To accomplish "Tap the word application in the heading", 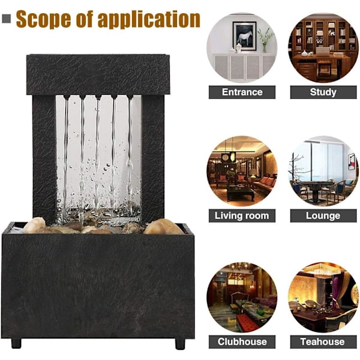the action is pos(149,19).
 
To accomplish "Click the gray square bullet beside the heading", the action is pos(7,19).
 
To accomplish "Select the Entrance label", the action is pos(242,92).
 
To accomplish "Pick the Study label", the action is pos(323,92).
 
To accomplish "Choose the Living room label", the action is pos(242,215).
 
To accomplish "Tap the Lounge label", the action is pos(323,215).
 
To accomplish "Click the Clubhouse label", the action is pos(242,341).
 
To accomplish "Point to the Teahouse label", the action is pos(323,341).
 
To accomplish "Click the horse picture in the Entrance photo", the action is pos(244,36).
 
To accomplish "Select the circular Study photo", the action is pos(323,48).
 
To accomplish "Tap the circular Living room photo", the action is pos(242,171).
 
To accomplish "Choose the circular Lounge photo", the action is pos(323,171).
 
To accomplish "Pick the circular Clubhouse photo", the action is pos(242,297).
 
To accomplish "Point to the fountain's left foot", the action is pos(16,343).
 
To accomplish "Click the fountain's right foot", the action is pos(180,344).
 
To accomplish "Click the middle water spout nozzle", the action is pos(98,97).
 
